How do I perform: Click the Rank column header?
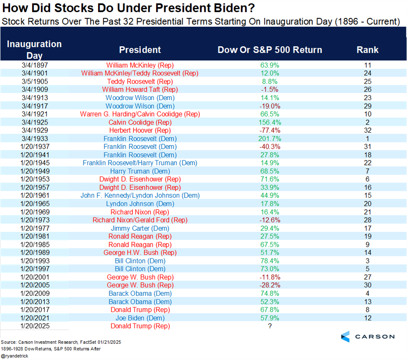click(x=367, y=50)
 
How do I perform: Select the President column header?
click(x=140, y=50)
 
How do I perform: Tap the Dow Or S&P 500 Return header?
click(x=270, y=50)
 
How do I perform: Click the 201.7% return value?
click(x=270, y=139)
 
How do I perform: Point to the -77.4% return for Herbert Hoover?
click(x=270, y=130)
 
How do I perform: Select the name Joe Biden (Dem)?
click(x=140, y=318)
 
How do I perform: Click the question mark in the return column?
click(x=270, y=326)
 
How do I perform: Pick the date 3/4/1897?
click(x=34, y=65)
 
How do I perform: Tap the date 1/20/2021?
click(x=34, y=318)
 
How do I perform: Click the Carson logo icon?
click(x=345, y=336)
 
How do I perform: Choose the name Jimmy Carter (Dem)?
click(x=140, y=228)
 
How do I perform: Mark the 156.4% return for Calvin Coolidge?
click(x=270, y=122)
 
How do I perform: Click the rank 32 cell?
click(x=367, y=130)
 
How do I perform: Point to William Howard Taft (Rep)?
click(x=140, y=90)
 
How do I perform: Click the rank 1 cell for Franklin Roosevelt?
click(x=367, y=139)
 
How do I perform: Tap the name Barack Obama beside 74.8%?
click(x=140, y=294)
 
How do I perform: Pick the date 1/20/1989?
click(x=34, y=253)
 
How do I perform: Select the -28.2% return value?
click(x=270, y=285)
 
